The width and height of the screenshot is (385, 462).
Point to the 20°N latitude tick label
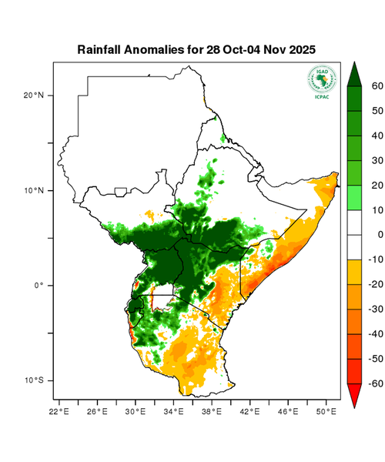pyautogui.click(x=33, y=95)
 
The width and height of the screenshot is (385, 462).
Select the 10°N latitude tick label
pyautogui.click(x=33, y=190)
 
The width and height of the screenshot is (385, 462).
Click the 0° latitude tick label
pyautogui.click(x=38, y=286)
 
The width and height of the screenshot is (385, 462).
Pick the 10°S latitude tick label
pyautogui.click(x=33, y=380)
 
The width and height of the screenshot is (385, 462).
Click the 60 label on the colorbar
pyautogui.click(x=377, y=86)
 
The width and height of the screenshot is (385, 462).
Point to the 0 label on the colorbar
pyautogui.click(x=377, y=235)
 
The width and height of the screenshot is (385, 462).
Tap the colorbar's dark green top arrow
pyautogui.click(x=357, y=74)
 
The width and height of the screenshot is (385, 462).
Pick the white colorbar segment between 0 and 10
pyautogui.click(x=357, y=222)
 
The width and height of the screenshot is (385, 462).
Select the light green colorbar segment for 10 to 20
pyautogui.click(x=357, y=197)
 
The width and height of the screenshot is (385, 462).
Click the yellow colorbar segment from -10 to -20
pyautogui.click(x=357, y=272)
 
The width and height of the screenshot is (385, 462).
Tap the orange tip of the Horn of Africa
pyautogui.click(x=333, y=178)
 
